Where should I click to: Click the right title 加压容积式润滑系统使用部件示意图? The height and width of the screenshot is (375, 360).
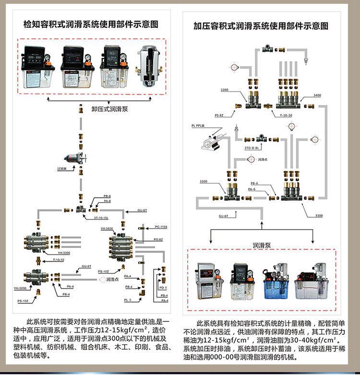tap(268, 25)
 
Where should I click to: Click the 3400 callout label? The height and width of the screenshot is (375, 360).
tap(317, 95)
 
